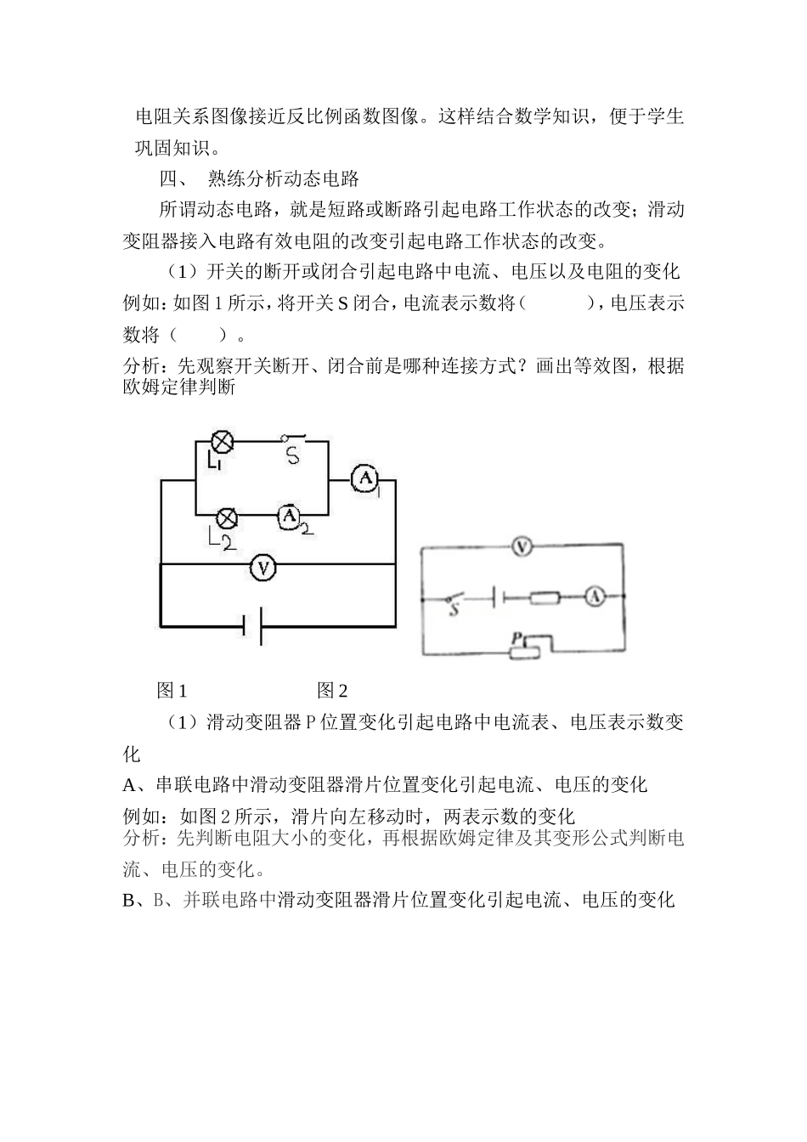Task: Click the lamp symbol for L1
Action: [223, 441]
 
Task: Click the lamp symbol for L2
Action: [227, 517]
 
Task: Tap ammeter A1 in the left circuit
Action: [365, 479]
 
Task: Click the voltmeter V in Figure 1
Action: [264, 567]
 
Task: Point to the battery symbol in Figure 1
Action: [252, 627]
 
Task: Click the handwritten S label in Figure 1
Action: [293, 455]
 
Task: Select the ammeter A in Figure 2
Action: [595, 598]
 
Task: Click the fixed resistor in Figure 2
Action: [545, 598]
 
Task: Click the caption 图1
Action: [172, 691]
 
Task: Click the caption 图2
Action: [332, 691]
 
